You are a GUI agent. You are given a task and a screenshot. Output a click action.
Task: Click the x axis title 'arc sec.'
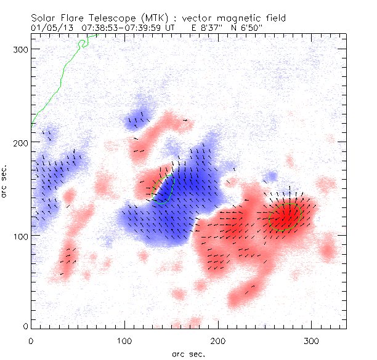(188, 353)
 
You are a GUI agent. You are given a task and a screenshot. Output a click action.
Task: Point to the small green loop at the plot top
(83, 42)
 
